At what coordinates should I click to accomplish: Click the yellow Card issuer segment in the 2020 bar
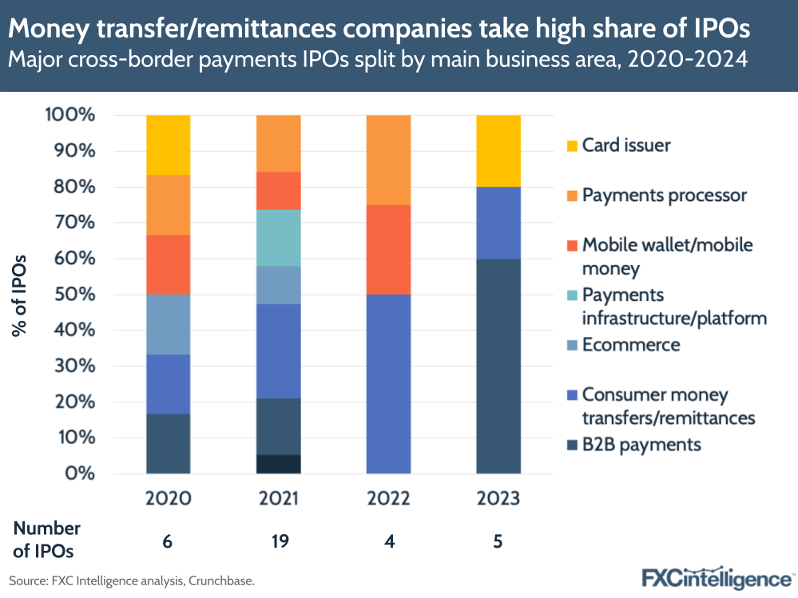tap(168, 145)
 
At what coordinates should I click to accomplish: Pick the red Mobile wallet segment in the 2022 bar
tap(388, 250)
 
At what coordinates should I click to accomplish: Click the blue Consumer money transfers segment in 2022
tap(388, 384)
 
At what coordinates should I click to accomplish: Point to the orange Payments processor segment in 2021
tap(278, 143)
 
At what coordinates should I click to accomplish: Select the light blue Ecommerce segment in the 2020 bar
tap(168, 324)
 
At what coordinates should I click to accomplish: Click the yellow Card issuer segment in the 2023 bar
tap(498, 151)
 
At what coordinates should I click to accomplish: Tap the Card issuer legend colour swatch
tap(570, 146)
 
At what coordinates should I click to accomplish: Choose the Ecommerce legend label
tap(631, 345)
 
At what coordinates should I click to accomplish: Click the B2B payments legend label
tap(641, 444)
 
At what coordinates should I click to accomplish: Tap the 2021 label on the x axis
tap(278, 498)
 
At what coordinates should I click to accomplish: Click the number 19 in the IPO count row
tap(278, 541)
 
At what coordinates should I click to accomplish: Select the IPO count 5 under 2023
tap(498, 541)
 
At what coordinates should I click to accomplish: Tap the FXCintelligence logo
tap(717, 576)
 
